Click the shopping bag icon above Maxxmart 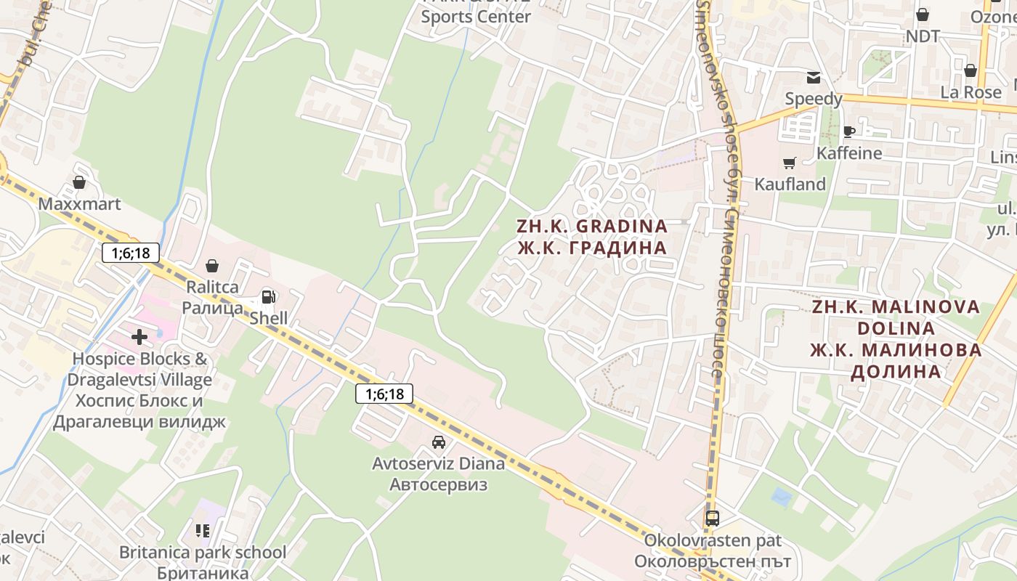79,182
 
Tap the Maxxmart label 79,204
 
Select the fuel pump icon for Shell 268,296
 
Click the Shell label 269,318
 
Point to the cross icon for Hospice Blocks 139,336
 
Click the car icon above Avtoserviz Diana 438,442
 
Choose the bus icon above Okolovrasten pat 713,519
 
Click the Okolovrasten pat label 713,540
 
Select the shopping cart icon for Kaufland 789,163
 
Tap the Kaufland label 790,184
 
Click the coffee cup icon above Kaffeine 848,131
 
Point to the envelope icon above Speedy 813,78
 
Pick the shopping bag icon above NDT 923,14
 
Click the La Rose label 971,92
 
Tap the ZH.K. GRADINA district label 591,226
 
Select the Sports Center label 477,16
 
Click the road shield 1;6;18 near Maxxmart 131,253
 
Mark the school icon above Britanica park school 203,531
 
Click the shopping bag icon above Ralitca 211,266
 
